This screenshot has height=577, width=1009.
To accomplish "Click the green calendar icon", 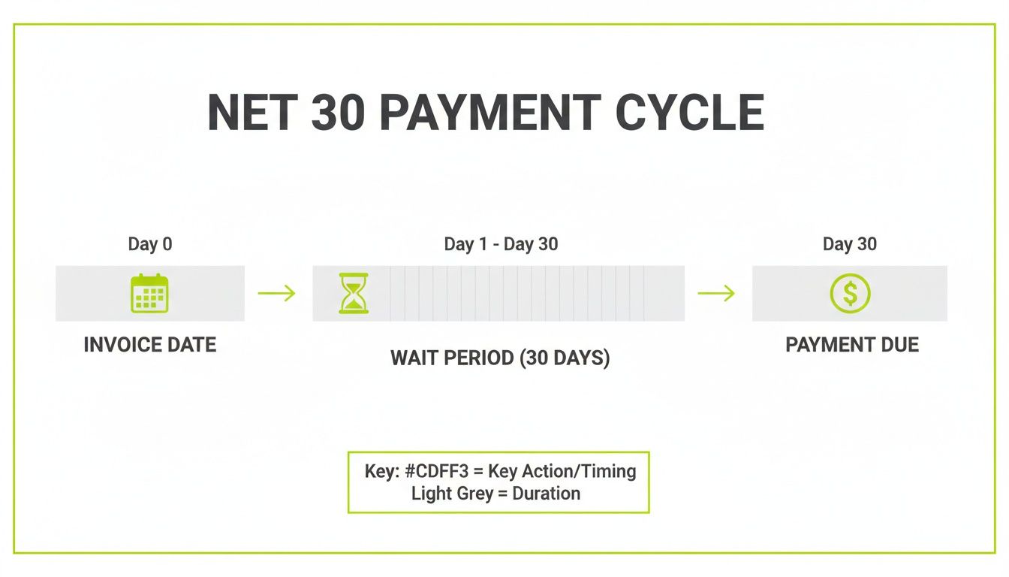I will point(150,293).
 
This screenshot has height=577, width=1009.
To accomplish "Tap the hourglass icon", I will point(354,293).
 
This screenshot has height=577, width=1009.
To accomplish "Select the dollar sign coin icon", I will point(850,293).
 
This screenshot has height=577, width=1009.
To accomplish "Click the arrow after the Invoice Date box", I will point(276,293).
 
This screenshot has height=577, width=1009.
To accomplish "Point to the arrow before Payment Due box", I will point(716,293).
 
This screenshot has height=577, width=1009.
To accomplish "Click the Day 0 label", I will point(150,244).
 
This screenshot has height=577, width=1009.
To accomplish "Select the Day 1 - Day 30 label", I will point(501,244).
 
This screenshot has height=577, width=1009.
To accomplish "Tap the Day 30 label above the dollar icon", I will point(850,244).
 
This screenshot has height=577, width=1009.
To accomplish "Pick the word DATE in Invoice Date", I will point(192,345).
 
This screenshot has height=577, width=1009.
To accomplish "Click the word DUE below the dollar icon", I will point(898,345).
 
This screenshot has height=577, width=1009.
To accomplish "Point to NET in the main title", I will point(249,113).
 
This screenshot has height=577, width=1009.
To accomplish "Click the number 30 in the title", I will point(338,113).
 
